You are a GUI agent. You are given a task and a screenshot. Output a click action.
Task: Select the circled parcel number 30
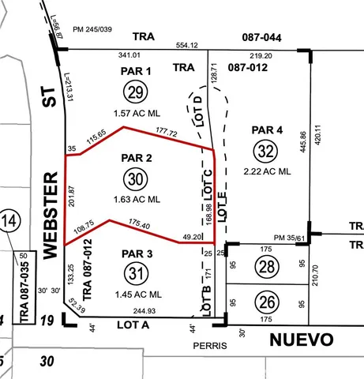[x=136, y=179]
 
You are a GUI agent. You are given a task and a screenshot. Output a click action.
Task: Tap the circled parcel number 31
[x=136, y=273]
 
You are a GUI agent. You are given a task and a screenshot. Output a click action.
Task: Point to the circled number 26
[x=267, y=301]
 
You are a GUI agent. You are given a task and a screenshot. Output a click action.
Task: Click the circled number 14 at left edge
[x=10, y=220]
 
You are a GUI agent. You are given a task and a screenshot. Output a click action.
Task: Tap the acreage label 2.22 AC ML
[x=267, y=171]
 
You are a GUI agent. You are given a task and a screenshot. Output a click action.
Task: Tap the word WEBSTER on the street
[x=51, y=212]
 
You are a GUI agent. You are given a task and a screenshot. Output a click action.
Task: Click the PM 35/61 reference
[x=289, y=237]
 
